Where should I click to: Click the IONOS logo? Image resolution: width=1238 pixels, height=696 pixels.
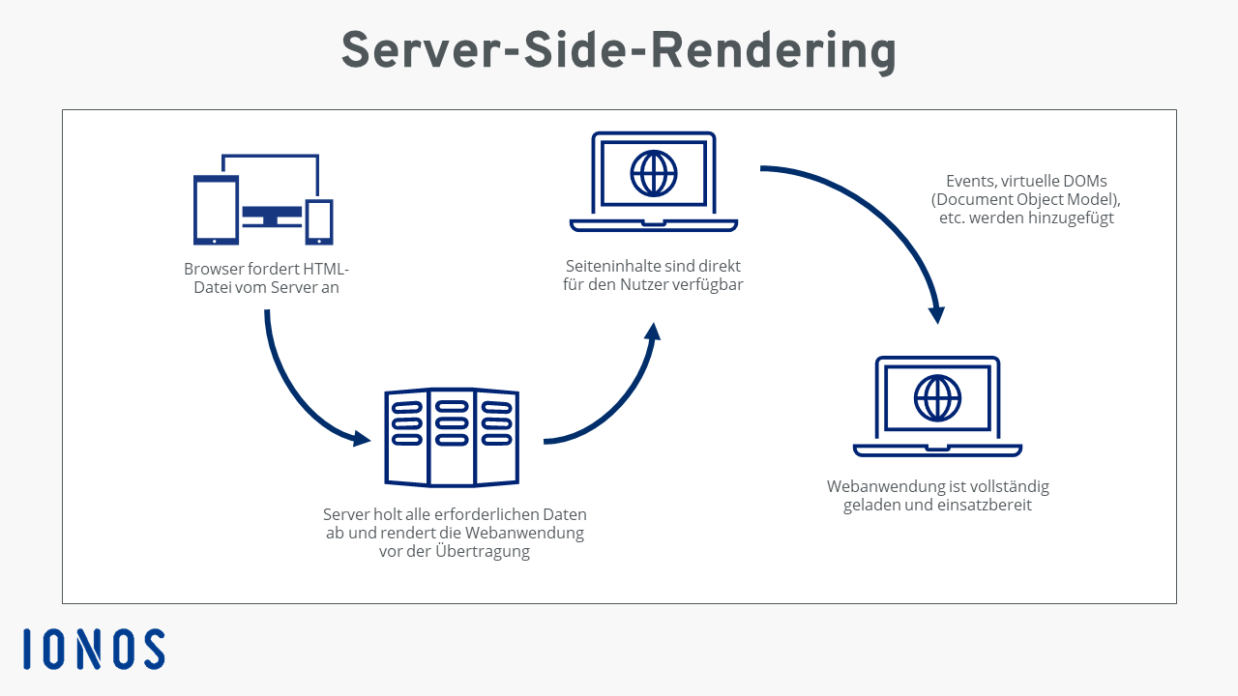click(x=94, y=650)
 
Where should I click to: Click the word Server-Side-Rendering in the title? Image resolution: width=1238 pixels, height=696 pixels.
click(x=618, y=50)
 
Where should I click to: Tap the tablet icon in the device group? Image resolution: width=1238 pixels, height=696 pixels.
click(x=216, y=210)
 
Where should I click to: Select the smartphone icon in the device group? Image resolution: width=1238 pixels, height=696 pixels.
click(x=319, y=221)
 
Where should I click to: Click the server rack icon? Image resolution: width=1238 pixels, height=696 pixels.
click(x=452, y=437)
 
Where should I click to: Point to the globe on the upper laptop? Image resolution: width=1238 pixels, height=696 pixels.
click(x=654, y=174)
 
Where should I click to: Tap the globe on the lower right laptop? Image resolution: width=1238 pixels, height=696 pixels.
click(x=937, y=397)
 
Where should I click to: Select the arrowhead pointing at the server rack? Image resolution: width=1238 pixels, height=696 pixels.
click(x=362, y=438)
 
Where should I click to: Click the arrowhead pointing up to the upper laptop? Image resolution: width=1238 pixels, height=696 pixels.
click(x=653, y=332)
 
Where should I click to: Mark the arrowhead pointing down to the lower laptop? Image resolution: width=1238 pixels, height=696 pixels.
click(x=936, y=315)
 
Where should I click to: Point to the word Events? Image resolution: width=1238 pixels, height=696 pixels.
click(x=969, y=181)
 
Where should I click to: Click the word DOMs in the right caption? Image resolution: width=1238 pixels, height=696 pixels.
click(x=1084, y=181)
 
